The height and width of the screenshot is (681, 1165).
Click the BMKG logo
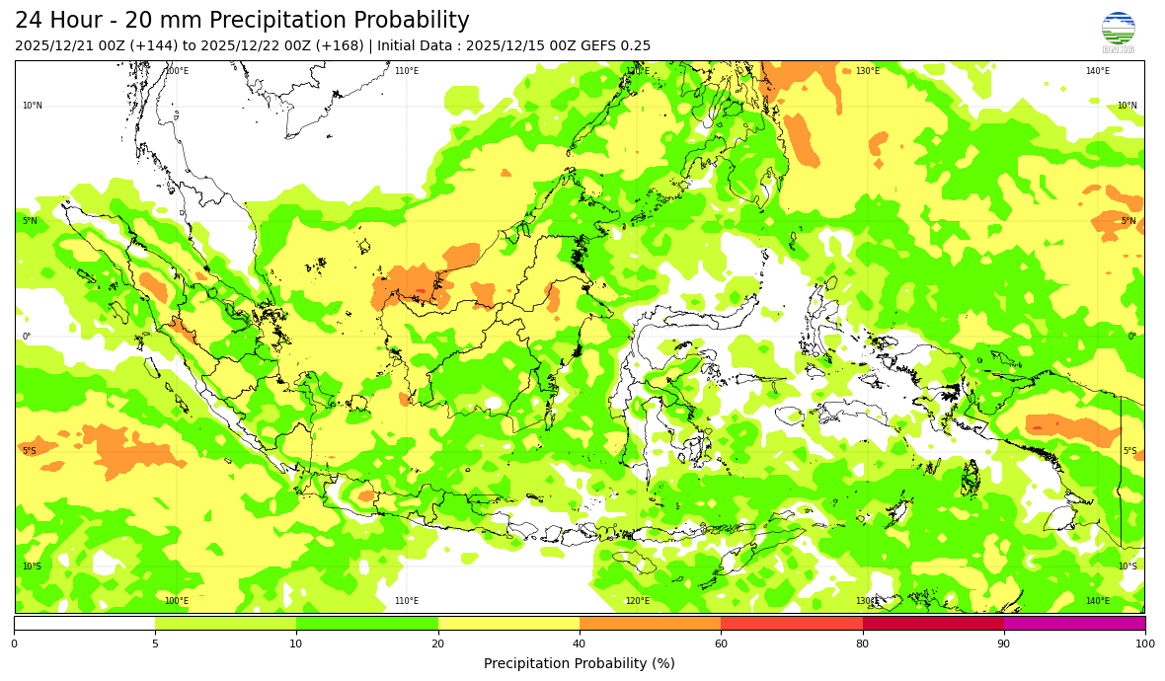click(1118, 31)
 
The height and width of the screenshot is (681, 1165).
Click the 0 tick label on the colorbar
click(14, 644)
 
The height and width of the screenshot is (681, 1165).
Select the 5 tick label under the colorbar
click(155, 644)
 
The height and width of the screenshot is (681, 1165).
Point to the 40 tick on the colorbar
click(580, 644)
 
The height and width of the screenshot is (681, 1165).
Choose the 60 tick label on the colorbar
click(721, 644)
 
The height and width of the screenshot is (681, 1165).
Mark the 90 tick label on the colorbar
click(1004, 644)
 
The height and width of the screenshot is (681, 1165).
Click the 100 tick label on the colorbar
click(1144, 644)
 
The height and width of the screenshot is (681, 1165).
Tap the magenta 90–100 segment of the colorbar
click(1074, 623)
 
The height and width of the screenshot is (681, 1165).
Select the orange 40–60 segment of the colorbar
click(650, 623)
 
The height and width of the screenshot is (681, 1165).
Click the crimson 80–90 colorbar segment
click(933, 623)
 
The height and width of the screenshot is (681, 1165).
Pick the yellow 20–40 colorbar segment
click(508, 623)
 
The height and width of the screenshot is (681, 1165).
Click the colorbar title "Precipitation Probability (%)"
click(580, 663)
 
